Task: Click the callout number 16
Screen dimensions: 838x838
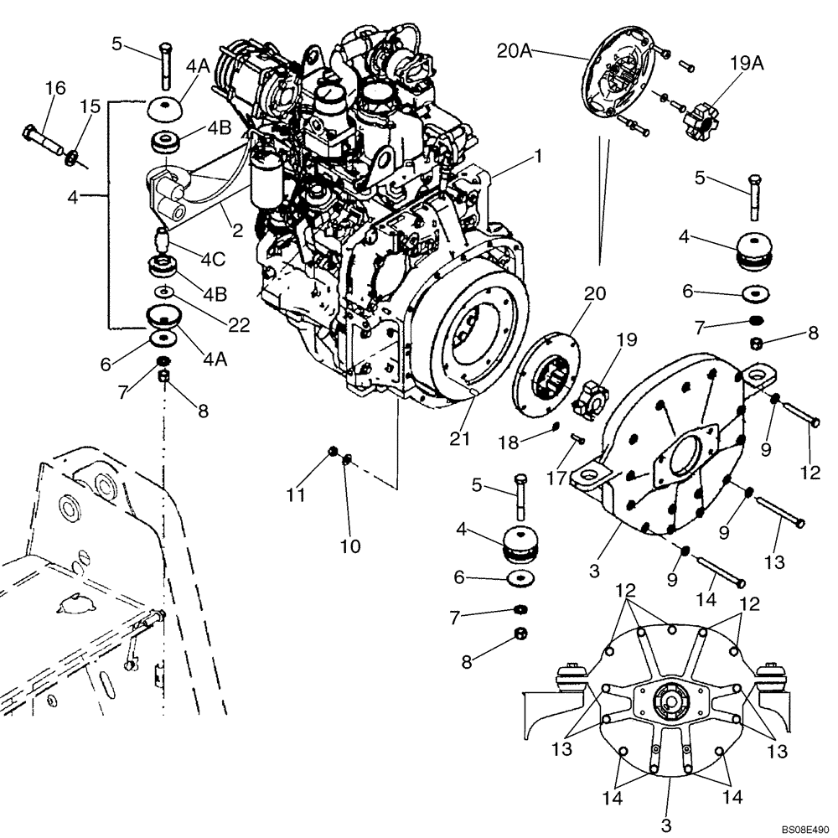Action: point(55,87)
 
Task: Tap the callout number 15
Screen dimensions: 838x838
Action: point(90,106)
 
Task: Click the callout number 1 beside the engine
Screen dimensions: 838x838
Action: point(539,156)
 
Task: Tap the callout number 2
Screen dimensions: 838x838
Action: point(238,230)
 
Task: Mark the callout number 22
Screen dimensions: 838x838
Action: point(239,326)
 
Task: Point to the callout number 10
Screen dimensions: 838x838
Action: point(350,546)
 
